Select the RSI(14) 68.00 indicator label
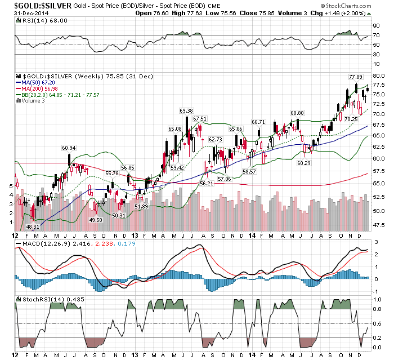[x=36, y=20]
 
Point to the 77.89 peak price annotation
[x=355, y=77]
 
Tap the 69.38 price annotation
[x=186, y=110]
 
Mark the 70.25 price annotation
[x=351, y=119]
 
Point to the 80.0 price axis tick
[x=379, y=75]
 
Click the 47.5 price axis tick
[x=379, y=225]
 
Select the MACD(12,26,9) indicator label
[x=41, y=243]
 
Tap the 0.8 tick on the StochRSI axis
[x=378, y=309]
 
